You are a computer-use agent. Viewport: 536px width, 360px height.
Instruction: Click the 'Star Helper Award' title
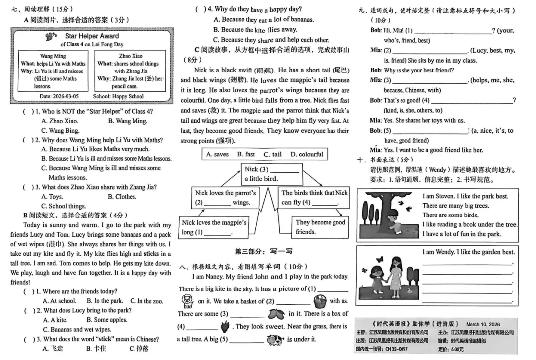(92, 36)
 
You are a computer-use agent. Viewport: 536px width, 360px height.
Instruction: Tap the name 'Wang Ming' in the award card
(53, 56)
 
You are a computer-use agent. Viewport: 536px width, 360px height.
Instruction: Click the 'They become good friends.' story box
(320, 227)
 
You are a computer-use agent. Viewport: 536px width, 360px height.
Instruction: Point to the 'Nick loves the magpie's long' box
(214, 227)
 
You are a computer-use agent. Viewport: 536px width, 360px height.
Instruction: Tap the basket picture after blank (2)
(319, 300)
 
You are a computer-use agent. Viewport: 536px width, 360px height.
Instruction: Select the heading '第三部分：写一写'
(264, 251)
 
